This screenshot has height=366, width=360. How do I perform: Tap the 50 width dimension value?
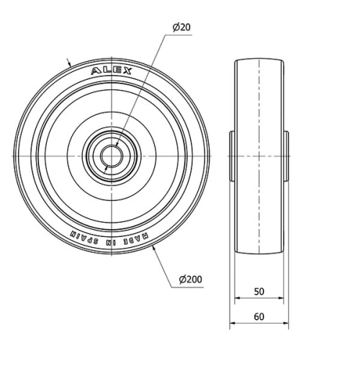pos(260,293)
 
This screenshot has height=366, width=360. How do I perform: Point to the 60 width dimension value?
pos(260,316)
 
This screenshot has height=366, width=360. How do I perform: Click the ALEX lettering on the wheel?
pos(112,71)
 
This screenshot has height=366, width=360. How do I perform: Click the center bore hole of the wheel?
pos(112,156)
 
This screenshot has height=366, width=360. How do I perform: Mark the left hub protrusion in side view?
pos(233,156)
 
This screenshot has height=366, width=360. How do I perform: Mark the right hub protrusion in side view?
pos(286,156)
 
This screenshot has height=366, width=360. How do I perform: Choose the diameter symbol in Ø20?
pos(174,27)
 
